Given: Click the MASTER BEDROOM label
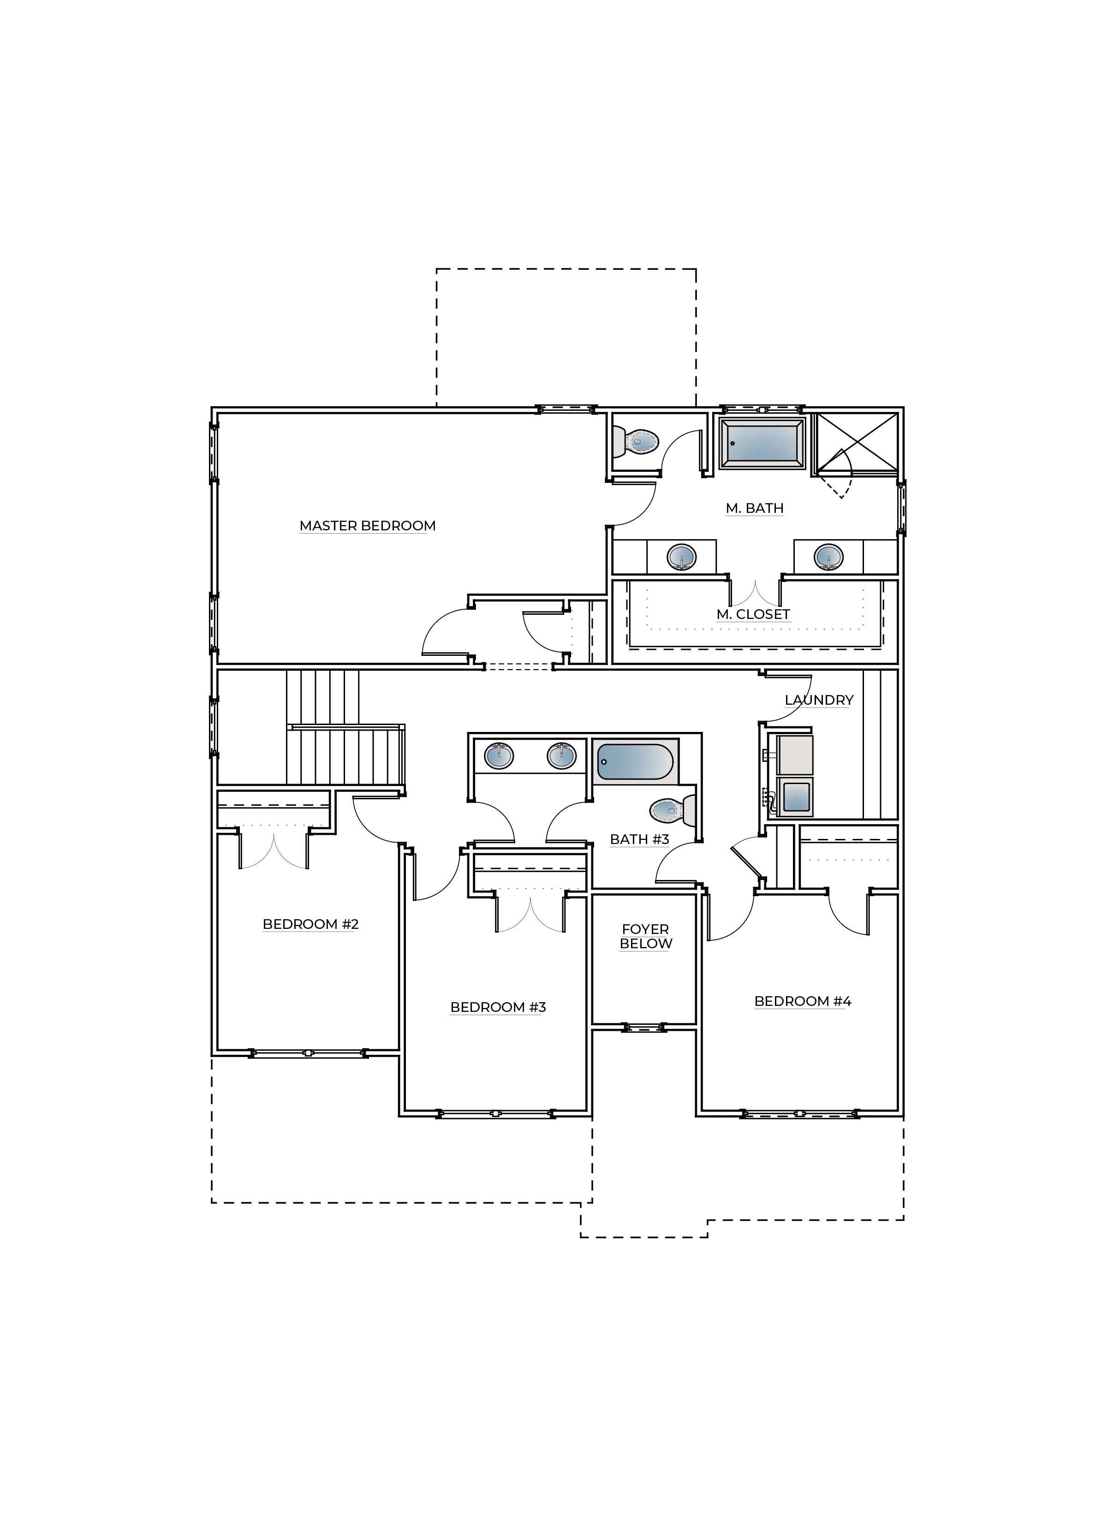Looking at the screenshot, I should (x=367, y=525).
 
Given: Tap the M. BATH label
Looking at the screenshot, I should (x=754, y=508).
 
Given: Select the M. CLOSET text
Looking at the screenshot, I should (x=753, y=614).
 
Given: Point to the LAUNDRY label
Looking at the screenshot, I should (x=819, y=700).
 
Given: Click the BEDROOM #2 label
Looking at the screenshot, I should (x=310, y=924).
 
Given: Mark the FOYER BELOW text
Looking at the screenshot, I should (x=646, y=936).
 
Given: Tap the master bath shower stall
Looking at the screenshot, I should (x=855, y=444).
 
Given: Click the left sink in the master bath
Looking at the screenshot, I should (x=681, y=556).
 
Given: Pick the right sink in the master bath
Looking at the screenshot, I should (x=828, y=556).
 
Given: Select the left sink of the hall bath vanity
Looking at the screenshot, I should (x=499, y=755).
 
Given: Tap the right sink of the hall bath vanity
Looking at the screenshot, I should (x=562, y=755).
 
